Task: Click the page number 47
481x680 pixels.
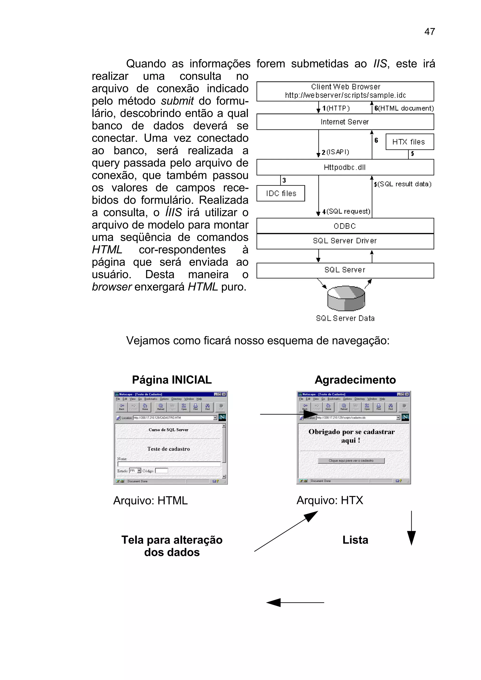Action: click(x=429, y=31)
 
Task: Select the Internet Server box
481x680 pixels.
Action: click(x=345, y=122)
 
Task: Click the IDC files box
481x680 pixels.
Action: click(x=281, y=193)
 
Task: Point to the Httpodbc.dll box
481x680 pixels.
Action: click(x=345, y=167)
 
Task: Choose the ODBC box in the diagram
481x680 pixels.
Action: click(x=345, y=226)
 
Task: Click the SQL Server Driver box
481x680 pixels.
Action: click(x=345, y=241)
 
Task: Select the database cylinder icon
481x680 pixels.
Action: click(x=346, y=298)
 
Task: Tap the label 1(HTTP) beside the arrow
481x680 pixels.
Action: click(x=336, y=108)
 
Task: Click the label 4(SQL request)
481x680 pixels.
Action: click(x=346, y=211)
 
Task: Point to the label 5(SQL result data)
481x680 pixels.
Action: click(x=403, y=184)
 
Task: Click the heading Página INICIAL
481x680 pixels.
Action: click(x=172, y=380)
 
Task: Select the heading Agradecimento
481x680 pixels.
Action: click(x=355, y=380)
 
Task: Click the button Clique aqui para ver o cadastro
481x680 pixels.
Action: click(x=351, y=461)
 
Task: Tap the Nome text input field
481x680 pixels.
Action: click(x=169, y=464)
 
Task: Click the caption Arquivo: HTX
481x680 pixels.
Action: click(x=330, y=500)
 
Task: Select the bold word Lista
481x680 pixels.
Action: click(x=355, y=540)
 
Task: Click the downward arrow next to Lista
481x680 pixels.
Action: click(x=411, y=529)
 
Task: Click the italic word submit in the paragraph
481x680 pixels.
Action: click(x=177, y=101)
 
